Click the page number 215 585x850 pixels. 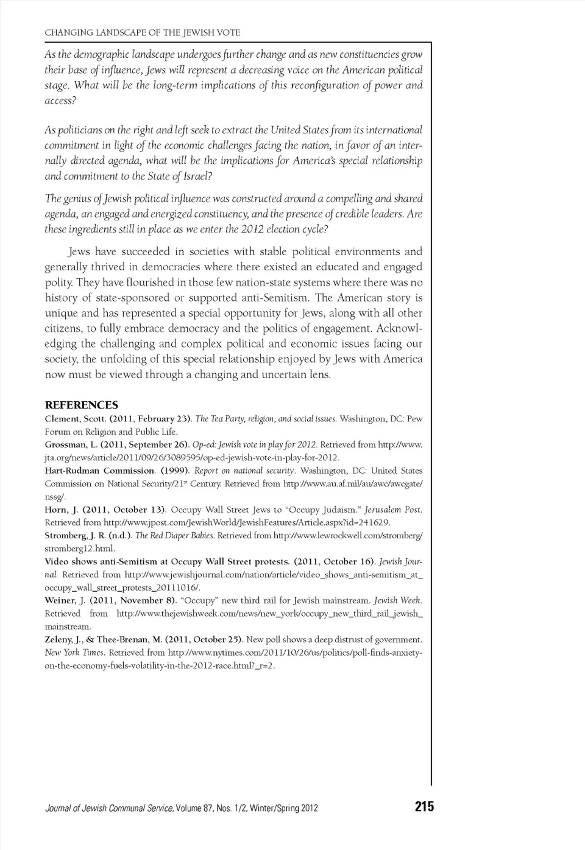(x=424, y=807)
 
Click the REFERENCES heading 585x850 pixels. (x=82, y=405)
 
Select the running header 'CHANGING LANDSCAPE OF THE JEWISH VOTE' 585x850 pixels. (x=143, y=32)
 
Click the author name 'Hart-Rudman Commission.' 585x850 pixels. (x=100, y=471)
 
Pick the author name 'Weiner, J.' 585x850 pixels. (x=65, y=600)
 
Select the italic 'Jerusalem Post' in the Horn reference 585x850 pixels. (x=393, y=510)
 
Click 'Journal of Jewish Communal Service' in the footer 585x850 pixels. (x=110, y=809)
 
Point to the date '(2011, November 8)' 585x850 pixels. (x=132, y=600)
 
